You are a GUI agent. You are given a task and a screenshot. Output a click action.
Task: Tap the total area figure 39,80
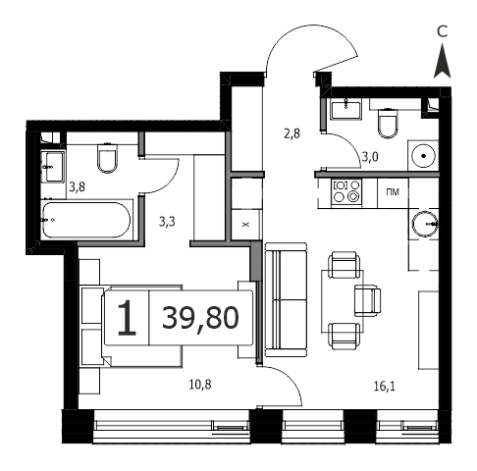click(200, 318)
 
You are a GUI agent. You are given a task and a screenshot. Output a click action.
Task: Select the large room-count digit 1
click(127, 318)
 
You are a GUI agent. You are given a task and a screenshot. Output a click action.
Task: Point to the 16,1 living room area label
click(385, 387)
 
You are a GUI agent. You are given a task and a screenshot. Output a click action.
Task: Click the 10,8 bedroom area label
click(200, 385)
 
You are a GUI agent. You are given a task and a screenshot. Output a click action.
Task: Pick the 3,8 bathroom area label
click(78, 187)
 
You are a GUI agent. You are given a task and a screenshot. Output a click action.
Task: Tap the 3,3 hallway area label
click(167, 222)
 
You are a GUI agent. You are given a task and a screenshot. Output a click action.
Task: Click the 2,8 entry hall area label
click(291, 133)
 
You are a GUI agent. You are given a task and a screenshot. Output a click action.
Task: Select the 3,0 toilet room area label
click(370, 157)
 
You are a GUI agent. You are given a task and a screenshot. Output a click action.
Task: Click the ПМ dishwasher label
click(393, 192)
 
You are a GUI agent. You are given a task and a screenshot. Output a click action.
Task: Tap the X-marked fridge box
click(245, 225)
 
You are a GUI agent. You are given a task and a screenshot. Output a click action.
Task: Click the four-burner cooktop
click(346, 191)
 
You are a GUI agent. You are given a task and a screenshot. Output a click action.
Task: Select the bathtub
click(86, 220)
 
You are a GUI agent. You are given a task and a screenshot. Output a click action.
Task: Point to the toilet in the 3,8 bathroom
click(107, 158)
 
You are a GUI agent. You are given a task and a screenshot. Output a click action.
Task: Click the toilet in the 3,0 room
click(388, 123)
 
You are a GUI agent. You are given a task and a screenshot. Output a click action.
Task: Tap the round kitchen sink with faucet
click(424, 224)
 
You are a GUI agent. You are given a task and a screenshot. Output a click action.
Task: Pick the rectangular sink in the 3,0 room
click(345, 110)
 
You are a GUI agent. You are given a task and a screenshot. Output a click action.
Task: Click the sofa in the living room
click(286, 299)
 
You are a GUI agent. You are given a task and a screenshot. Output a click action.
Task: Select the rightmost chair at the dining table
click(367, 300)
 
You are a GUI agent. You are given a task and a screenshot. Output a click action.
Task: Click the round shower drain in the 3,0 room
click(424, 156)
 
